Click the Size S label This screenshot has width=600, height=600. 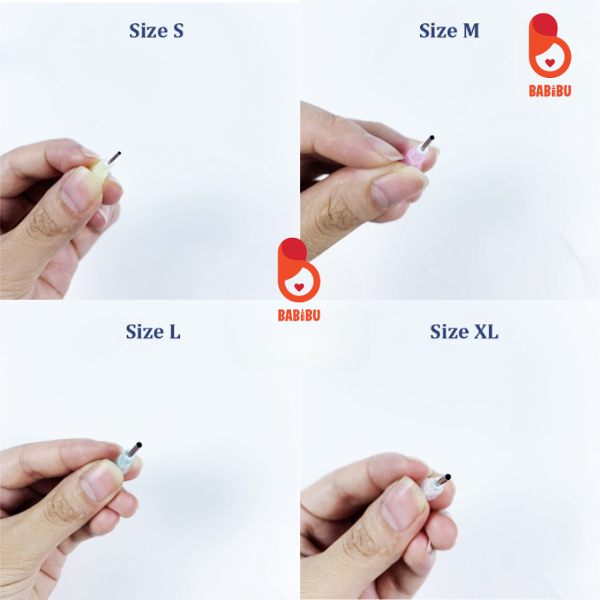tap(156, 31)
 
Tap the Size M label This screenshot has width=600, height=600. tap(448, 31)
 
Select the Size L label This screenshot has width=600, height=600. tap(153, 331)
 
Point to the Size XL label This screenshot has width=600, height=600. tap(464, 331)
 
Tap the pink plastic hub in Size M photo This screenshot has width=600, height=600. tap(415, 156)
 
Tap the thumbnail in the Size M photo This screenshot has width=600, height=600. tap(397, 187)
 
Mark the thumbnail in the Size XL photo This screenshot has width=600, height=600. tap(402, 504)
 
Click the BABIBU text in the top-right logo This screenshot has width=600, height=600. tap(550, 91)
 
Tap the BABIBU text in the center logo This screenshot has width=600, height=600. tap(298, 315)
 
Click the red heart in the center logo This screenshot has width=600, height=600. tap(299, 287)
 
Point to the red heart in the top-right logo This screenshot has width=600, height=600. tap(550, 63)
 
